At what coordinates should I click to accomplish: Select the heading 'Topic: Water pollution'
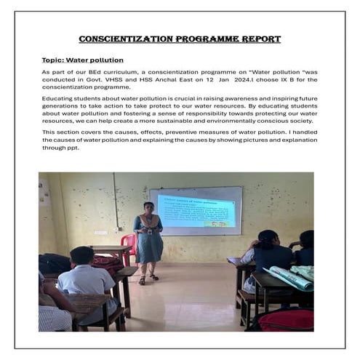click(82, 60)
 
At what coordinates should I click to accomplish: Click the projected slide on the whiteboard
click(196, 210)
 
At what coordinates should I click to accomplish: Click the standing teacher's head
click(148, 208)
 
